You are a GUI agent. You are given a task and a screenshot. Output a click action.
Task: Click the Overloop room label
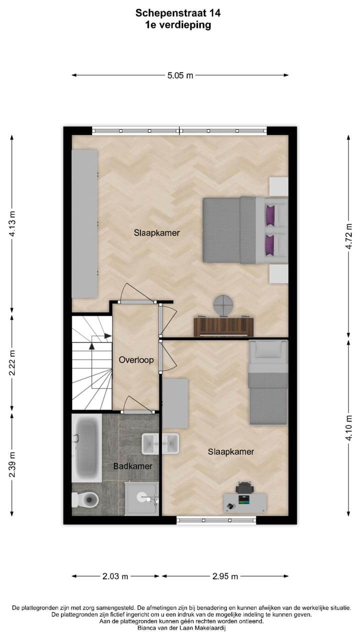coord(136,359)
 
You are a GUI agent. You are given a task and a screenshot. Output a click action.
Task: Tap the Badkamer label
coord(132,466)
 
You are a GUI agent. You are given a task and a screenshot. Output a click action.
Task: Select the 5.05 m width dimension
coord(180,75)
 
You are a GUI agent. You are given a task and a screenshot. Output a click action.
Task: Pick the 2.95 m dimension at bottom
coord(224,576)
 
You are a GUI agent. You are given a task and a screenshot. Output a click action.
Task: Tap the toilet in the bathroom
coord(86,498)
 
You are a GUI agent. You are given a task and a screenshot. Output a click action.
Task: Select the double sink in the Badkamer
coord(160,443)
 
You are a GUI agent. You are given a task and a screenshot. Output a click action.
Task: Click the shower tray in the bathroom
coord(142,498)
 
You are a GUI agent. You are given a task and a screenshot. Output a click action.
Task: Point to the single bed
coord(268,382)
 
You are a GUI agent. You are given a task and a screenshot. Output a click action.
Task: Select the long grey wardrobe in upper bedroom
coord(84,223)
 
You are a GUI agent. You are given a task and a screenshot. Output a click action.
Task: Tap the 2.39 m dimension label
coord(12,464)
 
